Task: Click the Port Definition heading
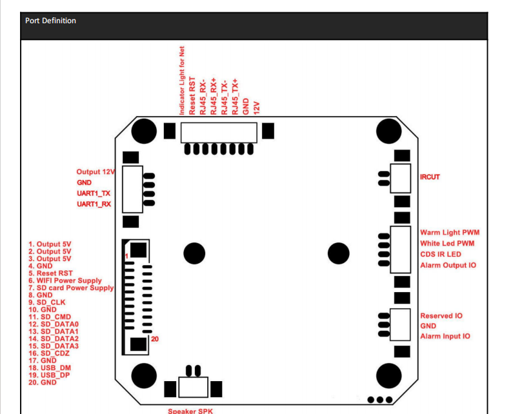click(x=50, y=21)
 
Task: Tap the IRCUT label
click(x=430, y=177)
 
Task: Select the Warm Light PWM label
click(x=450, y=232)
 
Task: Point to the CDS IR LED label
click(x=441, y=254)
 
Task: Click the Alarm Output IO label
click(x=448, y=265)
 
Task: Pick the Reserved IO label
click(x=441, y=316)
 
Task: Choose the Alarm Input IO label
click(x=445, y=337)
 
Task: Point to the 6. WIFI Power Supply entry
click(x=65, y=281)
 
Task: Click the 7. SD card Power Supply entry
click(x=71, y=288)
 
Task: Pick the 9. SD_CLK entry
click(x=46, y=302)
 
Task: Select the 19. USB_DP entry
click(x=49, y=375)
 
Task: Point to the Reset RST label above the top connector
click(x=192, y=95)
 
